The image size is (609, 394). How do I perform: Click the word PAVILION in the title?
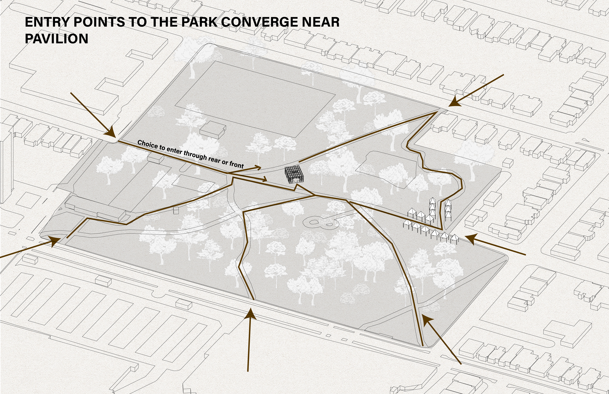point(57,39)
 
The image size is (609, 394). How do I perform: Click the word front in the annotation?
point(236,165)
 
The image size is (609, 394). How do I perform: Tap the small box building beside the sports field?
point(213,129)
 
